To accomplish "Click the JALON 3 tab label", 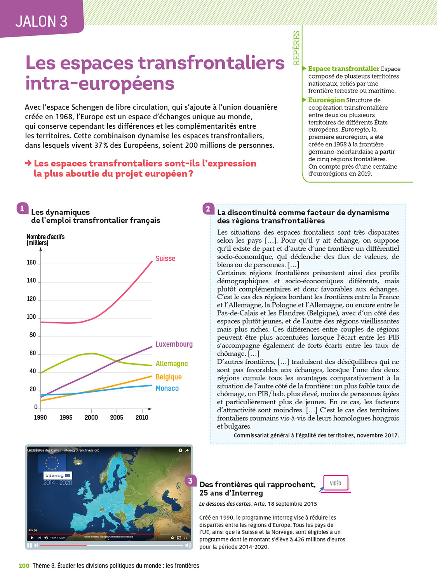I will pyautogui.click(x=41, y=21).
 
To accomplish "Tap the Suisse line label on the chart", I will pyautogui.click(x=165, y=258).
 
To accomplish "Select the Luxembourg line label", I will pyautogui.click(x=174, y=344).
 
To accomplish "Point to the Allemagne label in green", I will pyautogui.click(x=171, y=363).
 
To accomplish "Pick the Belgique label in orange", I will pyautogui.click(x=168, y=377).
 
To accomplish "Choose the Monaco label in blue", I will pyautogui.click(x=167, y=388).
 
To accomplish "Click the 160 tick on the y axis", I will pyautogui.click(x=31, y=262).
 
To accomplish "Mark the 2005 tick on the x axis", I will pyautogui.click(x=117, y=417).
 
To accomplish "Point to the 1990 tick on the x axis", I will pyautogui.click(x=40, y=417).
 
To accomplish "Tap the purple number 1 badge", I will pyautogui.click(x=22, y=208).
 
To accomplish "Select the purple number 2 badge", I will pyautogui.click(x=208, y=209).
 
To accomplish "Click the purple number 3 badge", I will pyautogui.click(x=190, y=481).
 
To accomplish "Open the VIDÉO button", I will pyautogui.click(x=336, y=483).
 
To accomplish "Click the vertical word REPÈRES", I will pyautogui.click(x=296, y=48).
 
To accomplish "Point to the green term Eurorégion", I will pyautogui.click(x=326, y=100).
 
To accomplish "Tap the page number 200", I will pyautogui.click(x=24, y=566).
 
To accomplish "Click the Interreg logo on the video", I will pyautogui.click(x=57, y=475).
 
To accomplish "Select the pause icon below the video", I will pyautogui.click(x=29, y=545).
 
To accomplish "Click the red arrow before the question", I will pyautogui.click(x=28, y=163).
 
